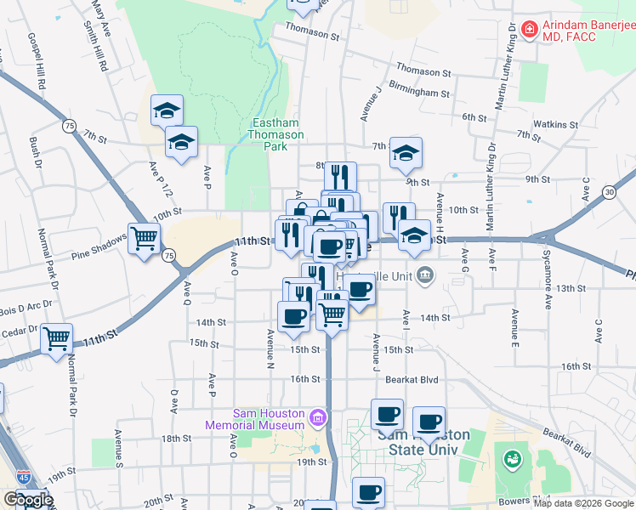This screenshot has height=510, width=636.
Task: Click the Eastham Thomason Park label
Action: (275, 134)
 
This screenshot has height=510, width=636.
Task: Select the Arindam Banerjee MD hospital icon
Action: (529, 30)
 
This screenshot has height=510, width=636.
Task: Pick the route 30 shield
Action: (610, 193)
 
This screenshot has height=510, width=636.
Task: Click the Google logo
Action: (28, 500)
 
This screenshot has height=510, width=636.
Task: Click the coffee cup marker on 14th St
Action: (294, 316)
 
